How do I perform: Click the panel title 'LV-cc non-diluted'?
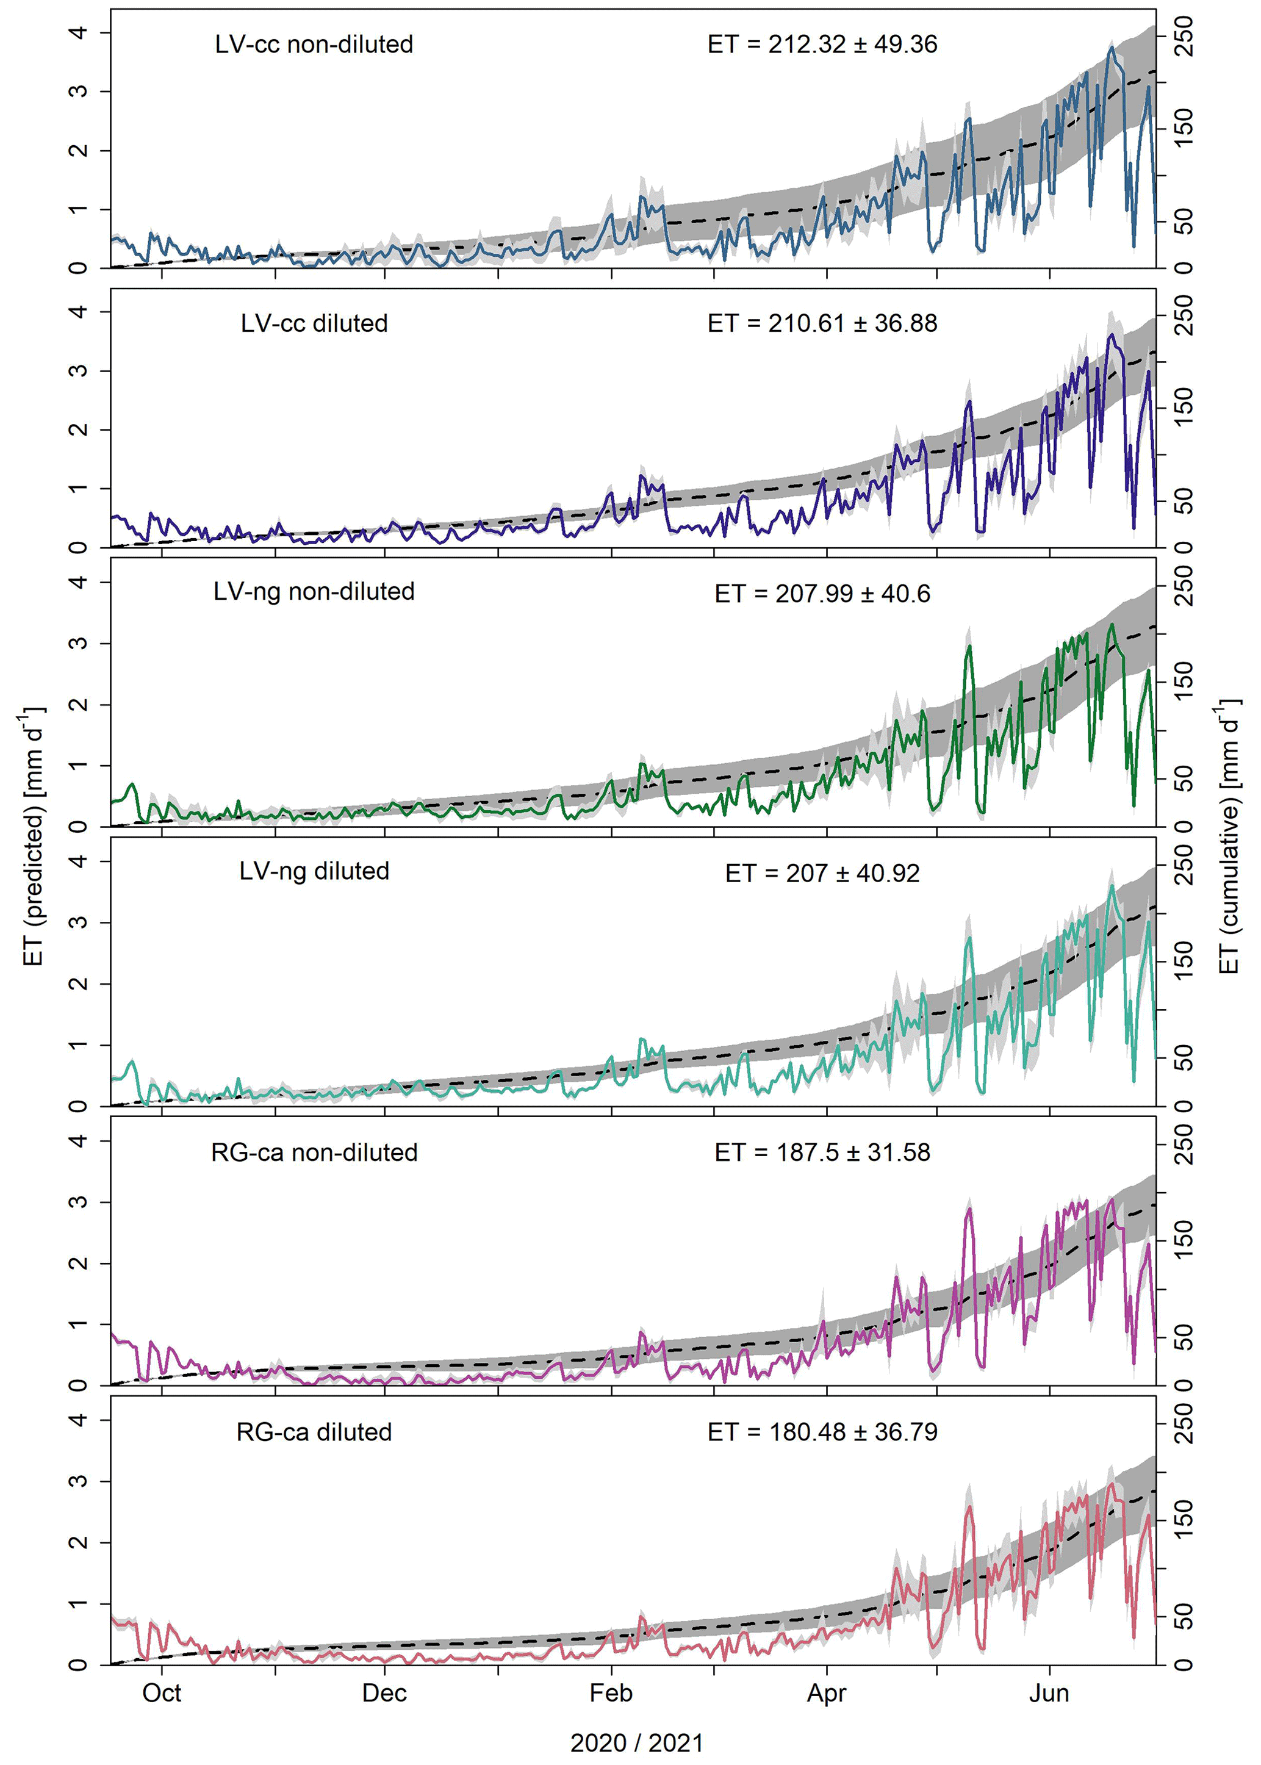(x=314, y=45)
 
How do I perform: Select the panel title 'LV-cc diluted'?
(x=314, y=323)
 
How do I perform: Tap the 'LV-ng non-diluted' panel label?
(x=314, y=592)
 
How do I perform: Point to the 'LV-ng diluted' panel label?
(x=314, y=871)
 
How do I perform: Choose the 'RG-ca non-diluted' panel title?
(x=314, y=1152)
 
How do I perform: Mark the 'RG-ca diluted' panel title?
(x=314, y=1432)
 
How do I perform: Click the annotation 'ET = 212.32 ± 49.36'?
(x=822, y=45)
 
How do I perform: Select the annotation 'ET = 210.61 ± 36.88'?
(x=822, y=323)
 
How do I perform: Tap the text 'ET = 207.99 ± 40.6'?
(x=822, y=594)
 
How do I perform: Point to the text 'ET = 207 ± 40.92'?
(x=822, y=874)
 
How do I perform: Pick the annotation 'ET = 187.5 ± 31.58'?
(x=822, y=1152)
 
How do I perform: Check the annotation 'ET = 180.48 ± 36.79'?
(x=822, y=1432)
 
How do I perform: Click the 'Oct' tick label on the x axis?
(x=162, y=1694)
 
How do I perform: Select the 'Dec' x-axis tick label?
(x=384, y=1694)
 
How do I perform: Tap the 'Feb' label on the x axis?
(x=611, y=1694)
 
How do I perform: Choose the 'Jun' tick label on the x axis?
(x=1049, y=1694)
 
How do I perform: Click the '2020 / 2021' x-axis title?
(x=637, y=1743)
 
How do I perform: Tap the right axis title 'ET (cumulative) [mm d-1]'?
(x=1229, y=835)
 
